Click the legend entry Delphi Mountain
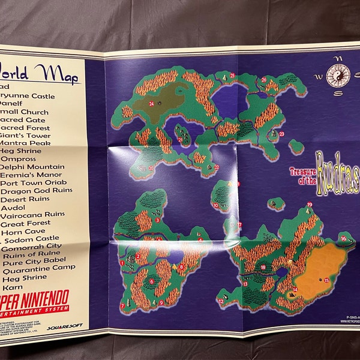pos(33,166)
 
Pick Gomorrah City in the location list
pos(32,246)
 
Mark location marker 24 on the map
pos(152,104)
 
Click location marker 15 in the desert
pos(326,280)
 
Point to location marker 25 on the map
pos(232,75)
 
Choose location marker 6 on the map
pos(151,280)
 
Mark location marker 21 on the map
pos(180,139)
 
